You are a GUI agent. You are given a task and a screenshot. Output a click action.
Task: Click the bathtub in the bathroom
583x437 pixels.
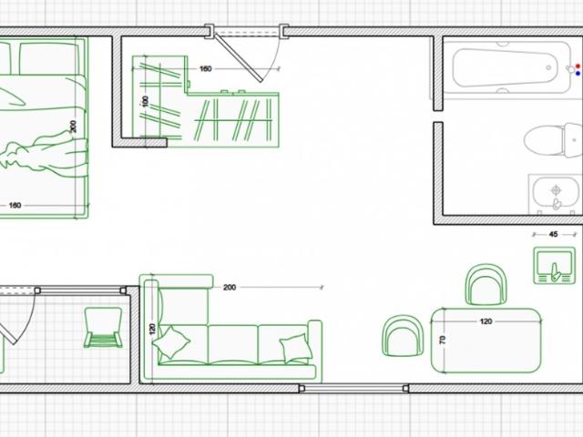point(506,67)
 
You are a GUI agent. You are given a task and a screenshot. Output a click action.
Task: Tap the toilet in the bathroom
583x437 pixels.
point(553,140)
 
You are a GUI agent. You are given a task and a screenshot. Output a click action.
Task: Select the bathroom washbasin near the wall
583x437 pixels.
point(556,194)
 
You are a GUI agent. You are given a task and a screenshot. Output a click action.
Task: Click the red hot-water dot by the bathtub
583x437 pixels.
point(578,66)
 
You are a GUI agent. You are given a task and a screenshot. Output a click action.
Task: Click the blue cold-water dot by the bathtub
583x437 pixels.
point(578,73)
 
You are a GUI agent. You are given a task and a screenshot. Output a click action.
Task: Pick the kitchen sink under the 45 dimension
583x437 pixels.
point(555,265)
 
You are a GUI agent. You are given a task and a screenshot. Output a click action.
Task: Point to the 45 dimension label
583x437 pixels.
point(553,234)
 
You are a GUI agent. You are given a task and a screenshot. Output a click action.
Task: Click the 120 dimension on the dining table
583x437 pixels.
point(486,321)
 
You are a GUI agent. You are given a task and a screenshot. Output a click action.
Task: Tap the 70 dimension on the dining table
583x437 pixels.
point(443,340)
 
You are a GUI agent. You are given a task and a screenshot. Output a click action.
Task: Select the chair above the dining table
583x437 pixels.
point(486,285)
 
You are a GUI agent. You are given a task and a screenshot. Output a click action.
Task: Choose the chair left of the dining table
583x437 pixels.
point(403,336)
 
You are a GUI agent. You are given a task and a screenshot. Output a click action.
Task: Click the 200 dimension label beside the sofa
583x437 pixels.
point(230,288)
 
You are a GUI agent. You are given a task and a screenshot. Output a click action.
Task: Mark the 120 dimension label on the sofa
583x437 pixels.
point(152,329)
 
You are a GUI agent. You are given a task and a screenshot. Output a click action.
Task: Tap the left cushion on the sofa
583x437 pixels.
point(171,342)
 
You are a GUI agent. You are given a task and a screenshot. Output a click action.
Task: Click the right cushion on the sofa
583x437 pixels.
point(296,348)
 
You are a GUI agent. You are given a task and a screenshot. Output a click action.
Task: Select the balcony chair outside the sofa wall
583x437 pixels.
point(103,327)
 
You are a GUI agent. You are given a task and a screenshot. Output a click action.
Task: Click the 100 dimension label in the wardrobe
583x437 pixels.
point(145,101)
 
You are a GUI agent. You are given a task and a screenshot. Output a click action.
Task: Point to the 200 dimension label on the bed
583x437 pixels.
point(73,127)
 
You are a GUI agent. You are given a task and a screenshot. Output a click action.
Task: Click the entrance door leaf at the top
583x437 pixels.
point(239,57)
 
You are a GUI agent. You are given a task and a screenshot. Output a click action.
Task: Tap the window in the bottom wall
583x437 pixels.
point(353,389)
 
